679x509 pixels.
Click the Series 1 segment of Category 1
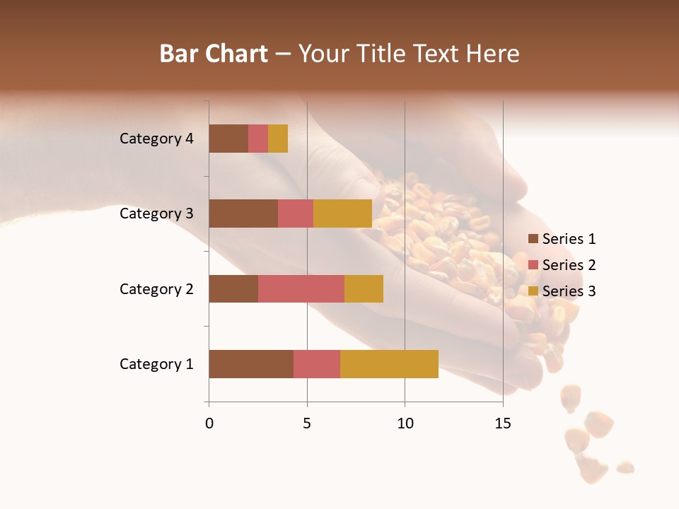(251, 363)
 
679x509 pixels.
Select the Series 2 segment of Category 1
(317, 363)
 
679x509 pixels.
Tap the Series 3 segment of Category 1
(389, 363)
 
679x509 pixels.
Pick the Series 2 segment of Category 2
(301, 288)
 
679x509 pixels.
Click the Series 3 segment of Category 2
(364, 288)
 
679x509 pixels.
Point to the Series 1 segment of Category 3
(243, 213)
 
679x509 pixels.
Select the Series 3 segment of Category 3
(342, 213)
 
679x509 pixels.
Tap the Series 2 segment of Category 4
(258, 139)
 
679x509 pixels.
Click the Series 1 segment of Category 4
(228, 139)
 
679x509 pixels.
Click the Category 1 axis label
(156, 364)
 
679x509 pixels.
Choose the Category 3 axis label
(156, 213)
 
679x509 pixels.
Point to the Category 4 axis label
(156, 139)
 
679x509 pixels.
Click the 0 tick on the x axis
(209, 423)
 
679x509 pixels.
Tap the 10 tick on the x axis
(405, 423)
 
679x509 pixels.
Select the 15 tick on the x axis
(503, 423)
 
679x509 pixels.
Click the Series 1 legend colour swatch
(533, 239)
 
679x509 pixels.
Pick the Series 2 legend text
(569, 265)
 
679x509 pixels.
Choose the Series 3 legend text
(569, 291)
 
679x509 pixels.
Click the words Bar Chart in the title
(214, 54)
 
